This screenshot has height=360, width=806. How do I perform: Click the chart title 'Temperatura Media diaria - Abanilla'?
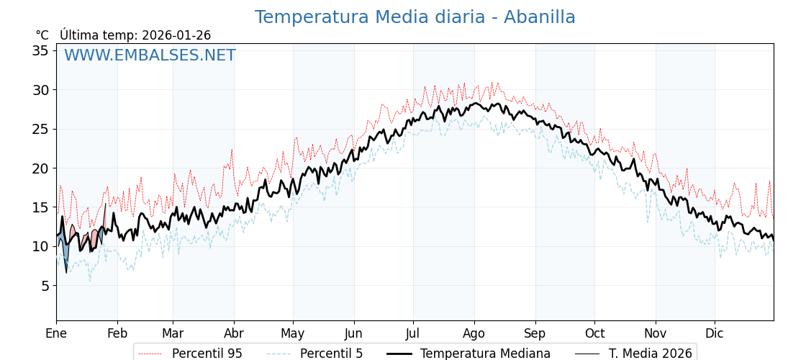(415, 17)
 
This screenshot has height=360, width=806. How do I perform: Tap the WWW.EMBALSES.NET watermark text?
(150, 55)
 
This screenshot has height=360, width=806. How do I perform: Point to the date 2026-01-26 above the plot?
(176, 35)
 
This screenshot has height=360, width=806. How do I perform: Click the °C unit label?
(42, 35)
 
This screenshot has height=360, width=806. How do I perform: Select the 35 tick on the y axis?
(40, 50)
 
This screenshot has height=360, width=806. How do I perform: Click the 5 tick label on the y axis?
(44, 286)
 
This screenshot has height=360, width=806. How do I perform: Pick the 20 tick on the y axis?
(40, 168)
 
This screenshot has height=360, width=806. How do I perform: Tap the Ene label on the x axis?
(56, 333)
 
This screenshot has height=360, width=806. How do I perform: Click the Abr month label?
(234, 333)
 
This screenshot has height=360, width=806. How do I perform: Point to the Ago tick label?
(474, 333)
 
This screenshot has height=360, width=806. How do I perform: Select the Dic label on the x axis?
(715, 333)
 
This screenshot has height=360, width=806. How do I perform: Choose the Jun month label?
(353, 333)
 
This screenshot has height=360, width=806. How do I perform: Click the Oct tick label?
(594, 333)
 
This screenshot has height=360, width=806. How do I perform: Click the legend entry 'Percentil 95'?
(207, 354)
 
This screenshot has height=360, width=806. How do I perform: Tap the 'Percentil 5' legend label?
(331, 354)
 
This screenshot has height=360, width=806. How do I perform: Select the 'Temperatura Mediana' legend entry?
(485, 354)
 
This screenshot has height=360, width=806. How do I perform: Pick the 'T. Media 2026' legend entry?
(650, 354)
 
